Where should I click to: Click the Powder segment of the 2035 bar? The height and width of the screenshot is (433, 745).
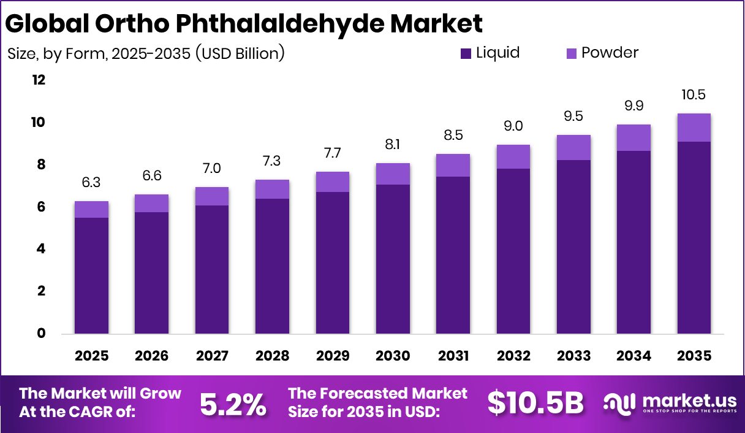(694, 128)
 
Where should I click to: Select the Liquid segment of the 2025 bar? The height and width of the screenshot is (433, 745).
(91, 275)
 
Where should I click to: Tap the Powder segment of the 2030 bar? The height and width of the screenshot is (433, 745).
(393, 174)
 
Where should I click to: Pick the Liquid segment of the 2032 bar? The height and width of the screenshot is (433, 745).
(513, 251)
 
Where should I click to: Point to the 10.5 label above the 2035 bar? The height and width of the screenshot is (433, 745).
(694, 95)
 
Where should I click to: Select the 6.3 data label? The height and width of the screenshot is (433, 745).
(91, 183)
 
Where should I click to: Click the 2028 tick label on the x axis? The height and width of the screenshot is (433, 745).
(272, 356)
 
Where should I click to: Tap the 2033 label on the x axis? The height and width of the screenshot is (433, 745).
(573, 356)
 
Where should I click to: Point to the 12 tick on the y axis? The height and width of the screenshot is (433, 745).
(39, 80)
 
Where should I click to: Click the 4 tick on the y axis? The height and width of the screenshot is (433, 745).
(42, 249)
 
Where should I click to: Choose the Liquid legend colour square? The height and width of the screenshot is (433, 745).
(466, 54)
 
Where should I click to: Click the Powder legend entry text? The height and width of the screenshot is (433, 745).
(610, 53)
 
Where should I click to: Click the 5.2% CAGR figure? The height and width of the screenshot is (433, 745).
(233, 404)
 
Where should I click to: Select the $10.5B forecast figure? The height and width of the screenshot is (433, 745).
(535, 403)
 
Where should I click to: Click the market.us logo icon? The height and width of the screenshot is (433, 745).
(619, 402)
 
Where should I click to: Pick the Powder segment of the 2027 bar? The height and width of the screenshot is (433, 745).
(212, 196)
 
